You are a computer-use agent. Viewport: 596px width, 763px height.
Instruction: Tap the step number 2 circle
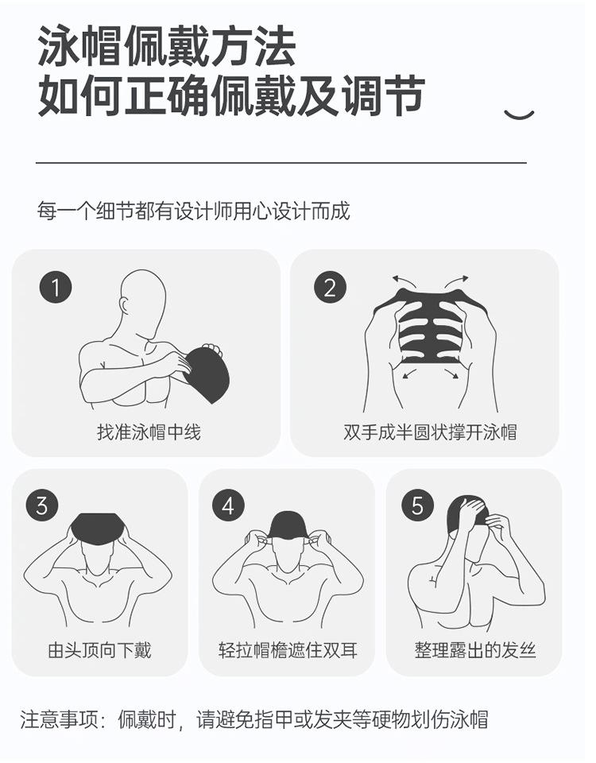pos(330,287)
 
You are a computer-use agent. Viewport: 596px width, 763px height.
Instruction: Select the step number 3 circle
pos(42,505)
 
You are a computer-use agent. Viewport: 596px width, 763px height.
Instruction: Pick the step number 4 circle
pos(228,505)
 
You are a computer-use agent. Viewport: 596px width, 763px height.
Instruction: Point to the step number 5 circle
pos(417,505)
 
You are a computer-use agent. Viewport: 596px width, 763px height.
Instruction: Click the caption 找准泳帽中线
pos(149,432)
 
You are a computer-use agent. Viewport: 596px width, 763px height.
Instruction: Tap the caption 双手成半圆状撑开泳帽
pos(430,432)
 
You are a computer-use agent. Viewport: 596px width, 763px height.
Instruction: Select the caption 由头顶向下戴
pos(100,650)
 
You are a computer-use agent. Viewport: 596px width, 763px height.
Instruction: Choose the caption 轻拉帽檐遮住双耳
pos(288,650)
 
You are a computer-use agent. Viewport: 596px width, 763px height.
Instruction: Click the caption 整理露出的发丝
pos(475,650)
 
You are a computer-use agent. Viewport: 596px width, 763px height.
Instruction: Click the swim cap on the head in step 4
pos(288,525)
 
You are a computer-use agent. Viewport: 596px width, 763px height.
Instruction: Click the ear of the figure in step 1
pos(124,305)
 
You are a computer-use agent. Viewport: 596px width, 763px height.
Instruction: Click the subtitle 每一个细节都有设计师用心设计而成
pos(194,211)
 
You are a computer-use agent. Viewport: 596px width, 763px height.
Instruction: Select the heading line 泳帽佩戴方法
pos(167,47)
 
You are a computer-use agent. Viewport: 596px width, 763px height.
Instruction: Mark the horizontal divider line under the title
pos(281,162)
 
